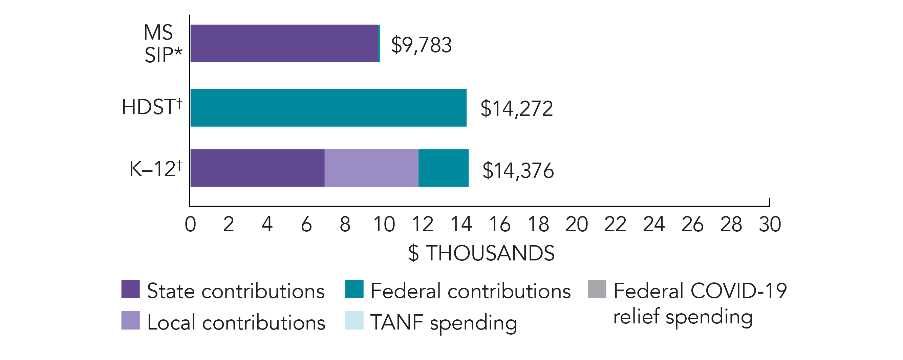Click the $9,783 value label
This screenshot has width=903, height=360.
(421, 45)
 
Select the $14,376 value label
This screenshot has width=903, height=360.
(518, 171)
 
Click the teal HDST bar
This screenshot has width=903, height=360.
(328, 108)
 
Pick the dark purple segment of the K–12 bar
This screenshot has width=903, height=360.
(257, 168)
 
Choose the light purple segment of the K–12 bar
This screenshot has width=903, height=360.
(371, 168)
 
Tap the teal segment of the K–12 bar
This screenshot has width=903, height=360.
(444, 168)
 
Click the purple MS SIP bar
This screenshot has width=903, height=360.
(284, 43)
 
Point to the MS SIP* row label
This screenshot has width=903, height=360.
(162, 44)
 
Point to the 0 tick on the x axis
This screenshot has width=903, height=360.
(190, 224)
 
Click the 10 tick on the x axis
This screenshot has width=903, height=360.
(384, 224)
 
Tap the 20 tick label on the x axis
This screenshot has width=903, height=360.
(577, 224)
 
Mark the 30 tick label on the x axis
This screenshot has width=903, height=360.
(770, 224)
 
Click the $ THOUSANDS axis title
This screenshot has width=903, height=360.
(481, 253)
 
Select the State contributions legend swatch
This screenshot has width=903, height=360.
(130, 289)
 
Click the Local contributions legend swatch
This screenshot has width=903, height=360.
(130, 320)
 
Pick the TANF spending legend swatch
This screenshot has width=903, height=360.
(354, 320)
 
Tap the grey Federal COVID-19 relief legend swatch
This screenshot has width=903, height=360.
(597, 289)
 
